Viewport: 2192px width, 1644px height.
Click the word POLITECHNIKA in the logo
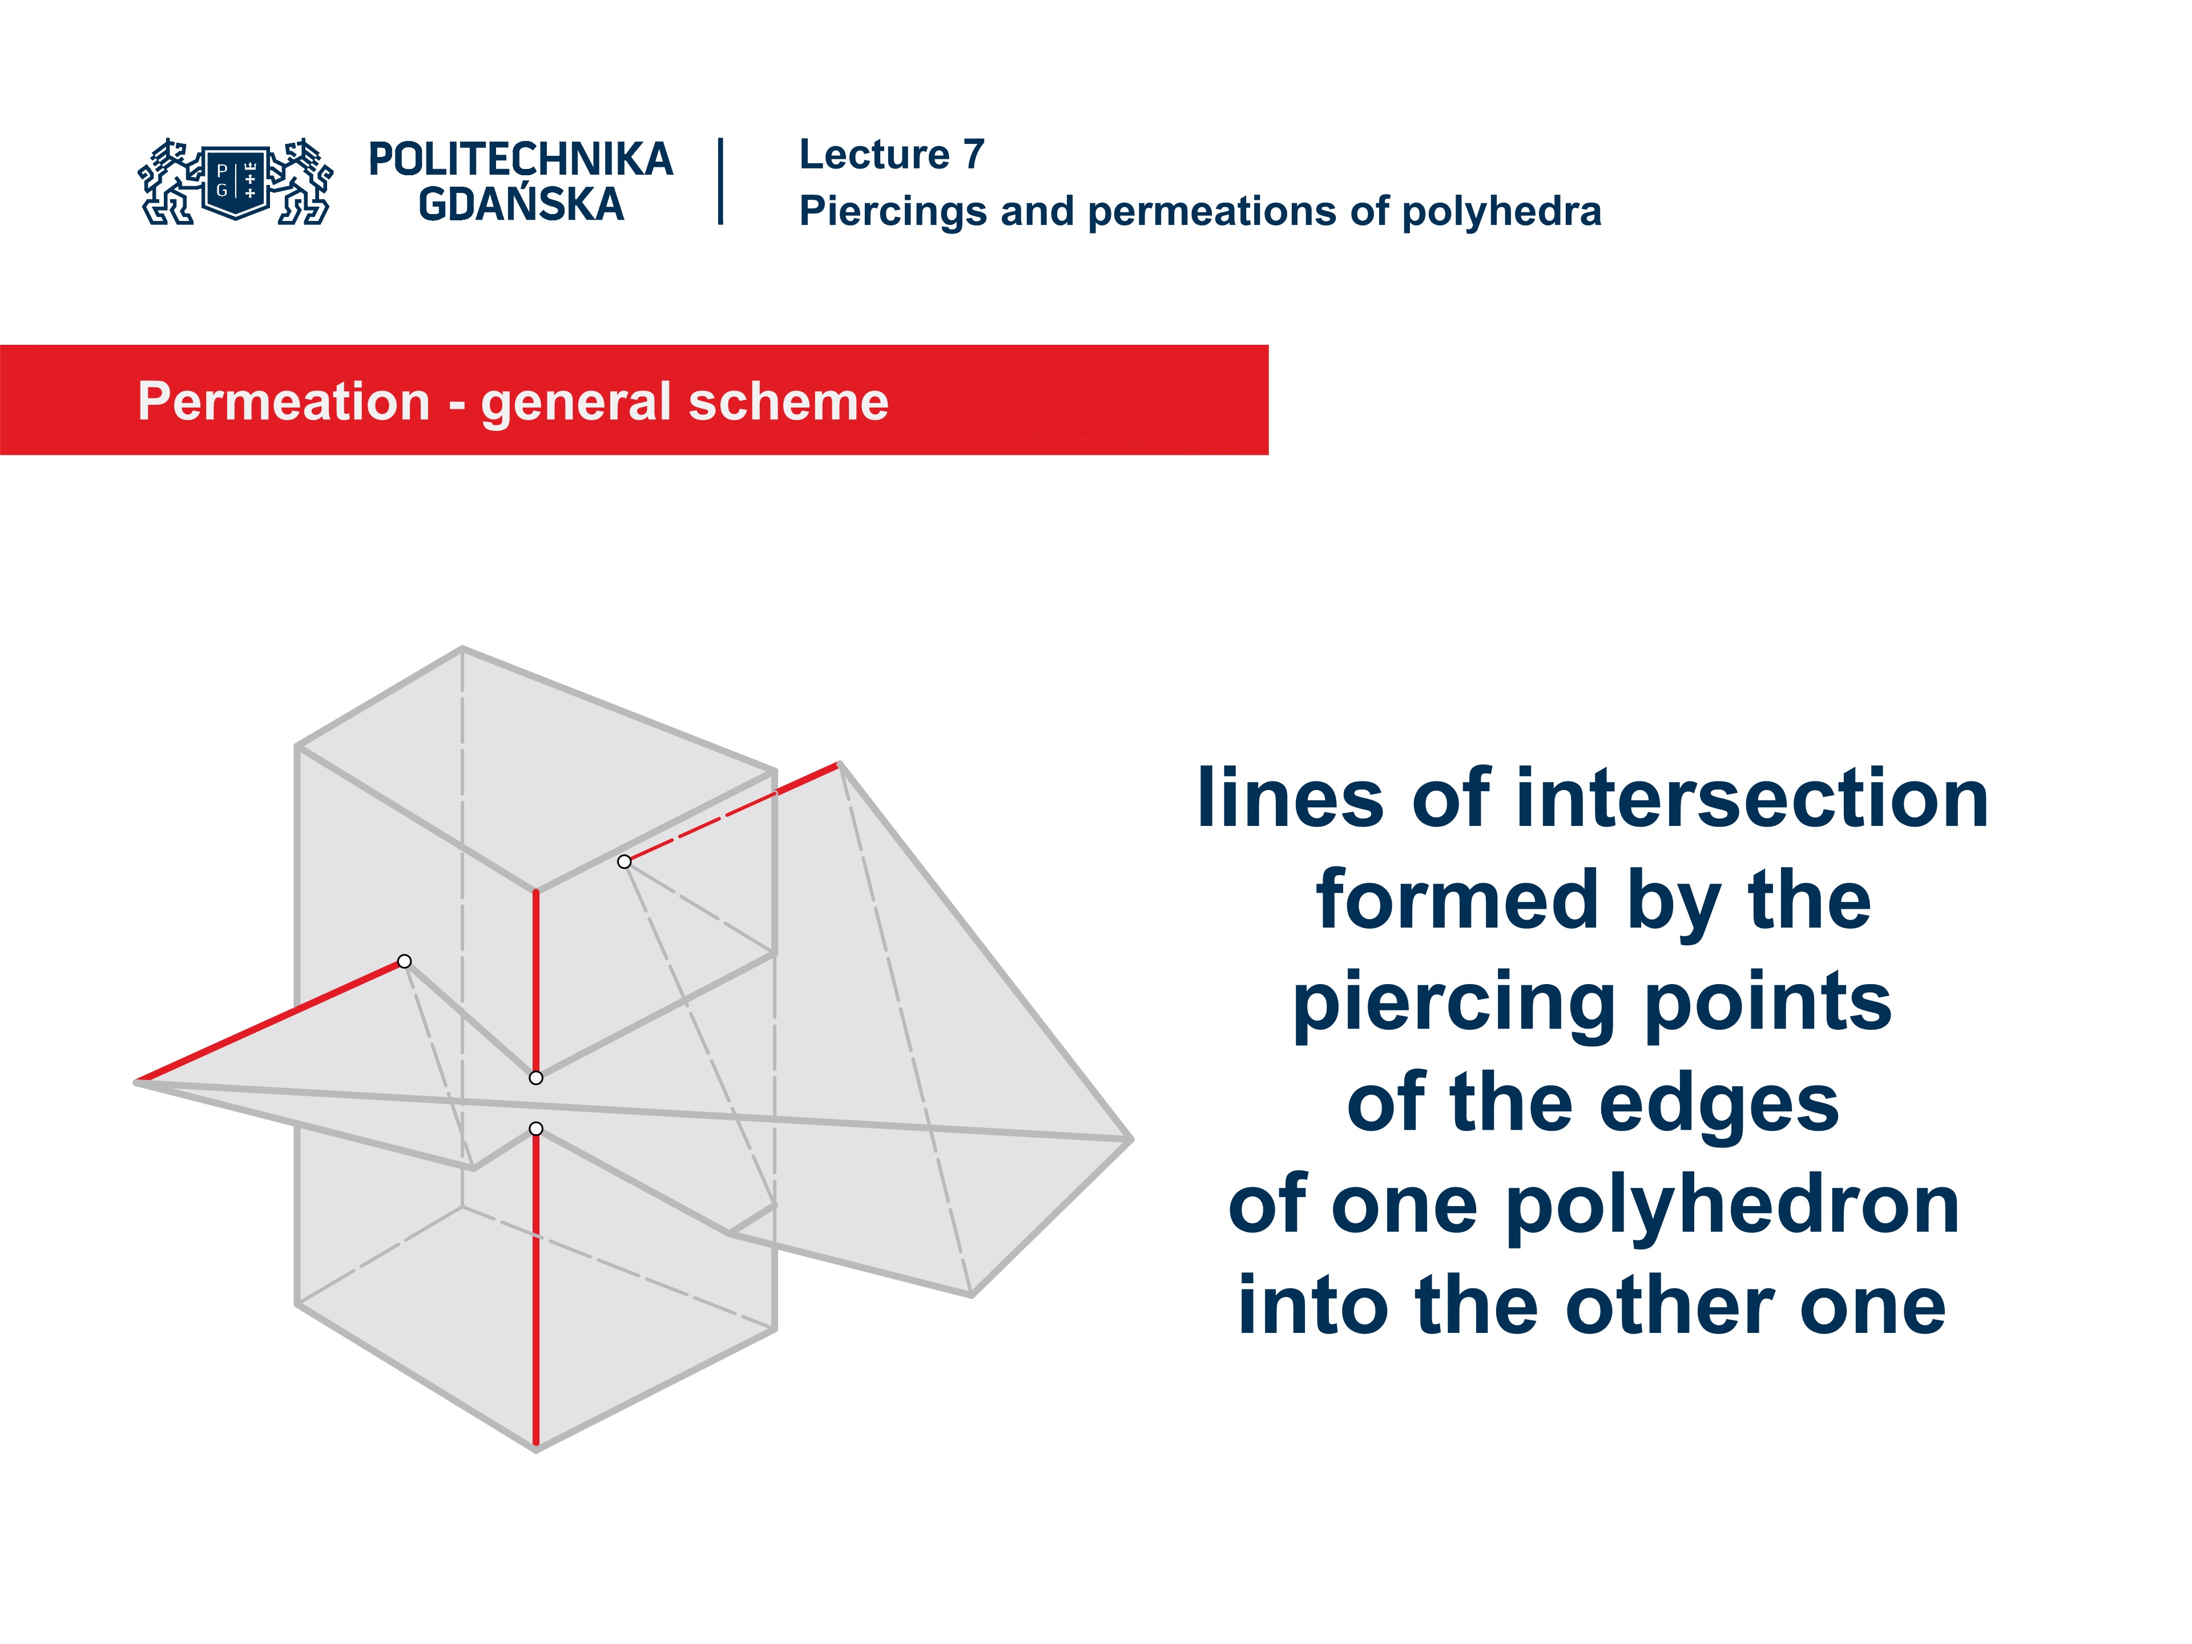pos(520,159)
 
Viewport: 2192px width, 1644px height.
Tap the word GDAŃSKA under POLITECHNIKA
pos(520,205)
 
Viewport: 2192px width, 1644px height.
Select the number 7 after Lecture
pos(974,155)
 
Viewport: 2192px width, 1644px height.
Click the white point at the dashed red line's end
pos(624,862)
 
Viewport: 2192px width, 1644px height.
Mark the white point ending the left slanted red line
pos(404,961)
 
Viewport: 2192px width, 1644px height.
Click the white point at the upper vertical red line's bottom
pos(536,1078)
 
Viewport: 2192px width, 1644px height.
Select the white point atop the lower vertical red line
pos(536,1129)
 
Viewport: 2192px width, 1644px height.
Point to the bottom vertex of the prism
pos(536,1449)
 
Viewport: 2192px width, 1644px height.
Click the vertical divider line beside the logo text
pos(720,182)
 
